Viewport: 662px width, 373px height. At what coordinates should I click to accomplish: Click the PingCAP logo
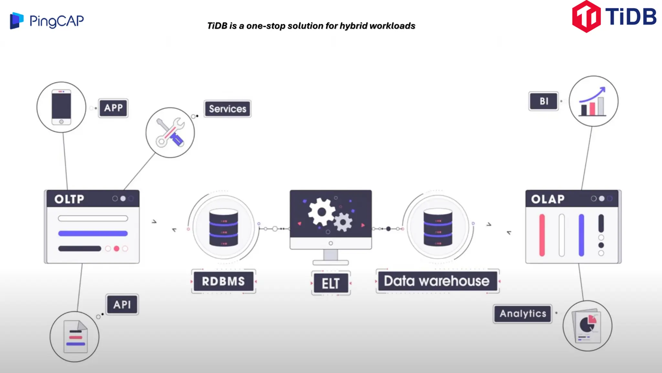[x=47, y=21]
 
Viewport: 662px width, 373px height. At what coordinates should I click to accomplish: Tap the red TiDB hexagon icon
[x=586, y=17]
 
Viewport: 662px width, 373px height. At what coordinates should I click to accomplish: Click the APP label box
[x=113, y=108]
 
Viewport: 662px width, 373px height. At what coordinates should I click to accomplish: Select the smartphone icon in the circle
[x=61, y=107]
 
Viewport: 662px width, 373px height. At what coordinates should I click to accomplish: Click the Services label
[x=228, y=109]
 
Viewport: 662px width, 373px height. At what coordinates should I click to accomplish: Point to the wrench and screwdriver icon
[x=170, y=133]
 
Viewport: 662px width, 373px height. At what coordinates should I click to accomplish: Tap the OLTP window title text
[x=69, y=199]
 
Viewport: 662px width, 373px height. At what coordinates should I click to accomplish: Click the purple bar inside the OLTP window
[x=93, y=233]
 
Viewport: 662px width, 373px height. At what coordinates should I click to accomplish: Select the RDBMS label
[x=223, y=281]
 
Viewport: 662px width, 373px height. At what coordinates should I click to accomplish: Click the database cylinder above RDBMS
[x=223, y=227]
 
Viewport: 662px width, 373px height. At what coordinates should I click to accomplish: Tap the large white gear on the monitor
[x=321, y=212]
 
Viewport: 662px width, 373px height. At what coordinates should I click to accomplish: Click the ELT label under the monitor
[x=331, y=283]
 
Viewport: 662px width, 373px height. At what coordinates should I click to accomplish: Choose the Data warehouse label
[x=437, y=281]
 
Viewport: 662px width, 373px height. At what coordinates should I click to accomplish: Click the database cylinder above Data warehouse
[x=438, y=227]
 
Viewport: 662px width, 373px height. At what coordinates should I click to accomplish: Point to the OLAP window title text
[x=548, y=199]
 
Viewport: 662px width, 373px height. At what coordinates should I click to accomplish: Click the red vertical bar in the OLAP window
[x=542, y=235]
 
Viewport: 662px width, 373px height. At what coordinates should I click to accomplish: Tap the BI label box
[x=544, y=101]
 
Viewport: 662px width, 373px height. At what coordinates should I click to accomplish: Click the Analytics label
[x=523, y=313]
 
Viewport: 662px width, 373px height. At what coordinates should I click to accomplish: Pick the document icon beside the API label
[x=76, y=337]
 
